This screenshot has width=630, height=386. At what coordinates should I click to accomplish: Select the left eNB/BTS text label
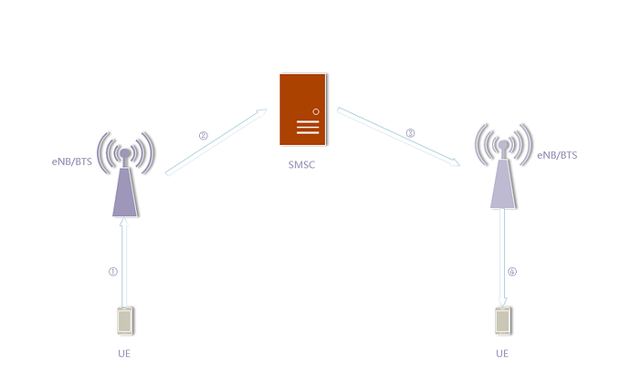pos(69,161)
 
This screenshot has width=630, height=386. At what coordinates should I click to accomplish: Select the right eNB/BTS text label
pos(557,155)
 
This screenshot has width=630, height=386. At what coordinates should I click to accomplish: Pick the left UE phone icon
pos(125,321)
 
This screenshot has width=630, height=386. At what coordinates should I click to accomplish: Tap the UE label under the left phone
pos(125,353)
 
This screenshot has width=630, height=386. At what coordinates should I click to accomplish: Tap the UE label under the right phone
pos(502,353)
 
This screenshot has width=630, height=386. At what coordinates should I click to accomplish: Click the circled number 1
pos(113,271)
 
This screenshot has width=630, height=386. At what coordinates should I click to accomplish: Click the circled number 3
pos(410,133)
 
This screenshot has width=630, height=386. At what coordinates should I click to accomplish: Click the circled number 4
pos(512,271)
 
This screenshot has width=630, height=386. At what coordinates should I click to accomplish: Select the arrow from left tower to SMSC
pos(216,141)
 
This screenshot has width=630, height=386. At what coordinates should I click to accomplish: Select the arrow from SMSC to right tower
pos(397,137)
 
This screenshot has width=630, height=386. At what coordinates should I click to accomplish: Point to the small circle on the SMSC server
pos(316,110)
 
